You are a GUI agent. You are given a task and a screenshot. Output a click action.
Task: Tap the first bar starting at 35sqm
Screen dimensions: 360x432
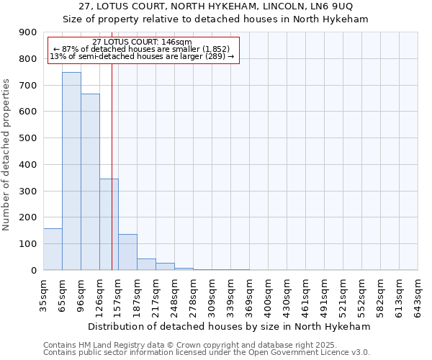[53, 249]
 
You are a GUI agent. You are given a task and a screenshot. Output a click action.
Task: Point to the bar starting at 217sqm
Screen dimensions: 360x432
[165, 266]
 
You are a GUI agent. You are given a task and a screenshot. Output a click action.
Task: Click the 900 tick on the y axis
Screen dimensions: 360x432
[29, 32]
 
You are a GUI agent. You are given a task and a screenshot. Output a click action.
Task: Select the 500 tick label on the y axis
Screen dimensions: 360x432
[29, 138]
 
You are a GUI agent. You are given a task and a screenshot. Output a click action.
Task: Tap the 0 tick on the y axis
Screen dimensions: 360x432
[33, 270]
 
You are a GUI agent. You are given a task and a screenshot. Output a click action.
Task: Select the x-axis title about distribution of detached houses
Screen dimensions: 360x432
[230, 326]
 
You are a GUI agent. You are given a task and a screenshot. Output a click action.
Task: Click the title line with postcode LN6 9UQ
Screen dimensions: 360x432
[216, 7]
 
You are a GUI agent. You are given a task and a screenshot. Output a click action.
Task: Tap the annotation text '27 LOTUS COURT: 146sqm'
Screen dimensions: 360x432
[142, 42]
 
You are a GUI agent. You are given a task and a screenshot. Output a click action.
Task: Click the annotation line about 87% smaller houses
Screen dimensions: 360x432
[141, 49]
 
